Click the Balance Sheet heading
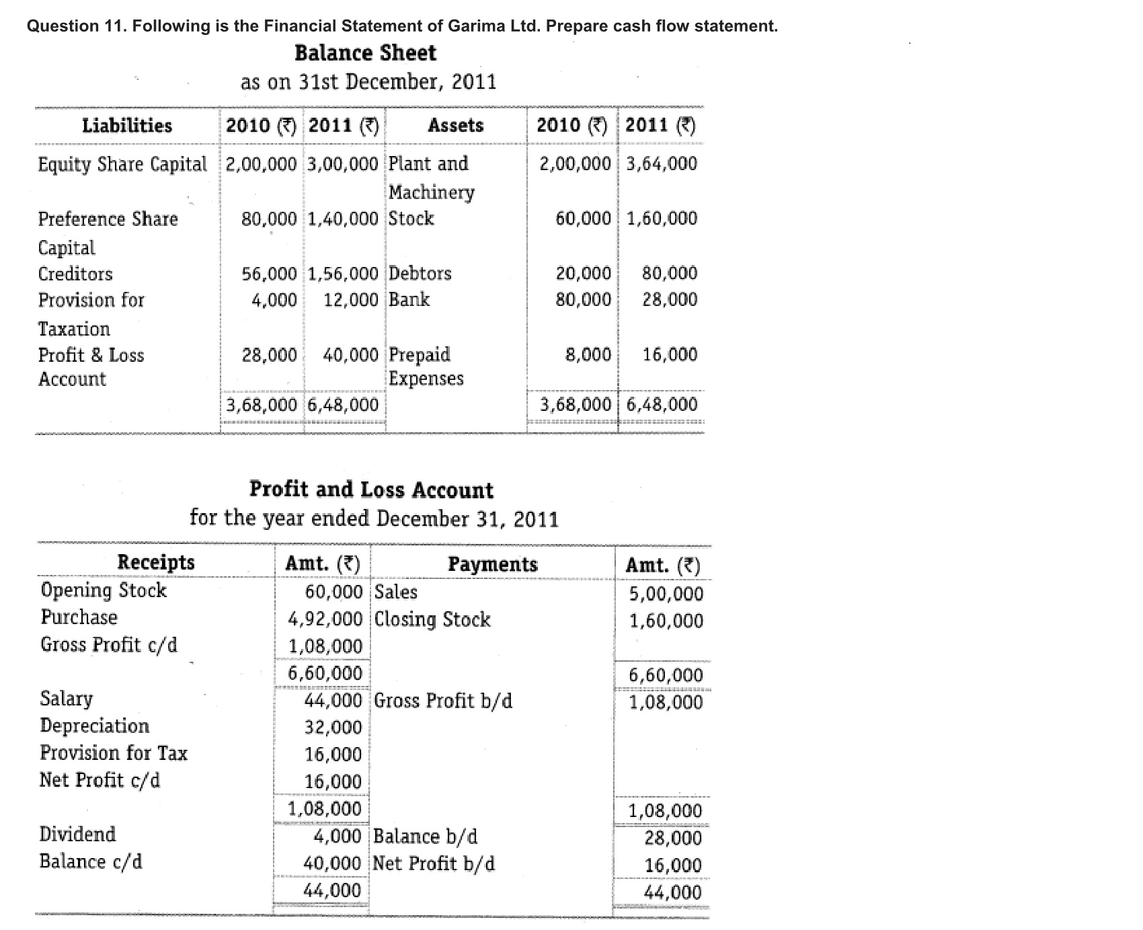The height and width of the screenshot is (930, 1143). click(x=365, y=53)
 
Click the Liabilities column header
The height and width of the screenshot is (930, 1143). click(x=127, y=126)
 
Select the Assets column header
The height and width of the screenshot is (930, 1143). click(x=455, y=126)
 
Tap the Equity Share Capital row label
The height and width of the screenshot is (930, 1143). click(x=122, y=164)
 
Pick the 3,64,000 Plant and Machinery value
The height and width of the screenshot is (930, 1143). click(x=662, y=163)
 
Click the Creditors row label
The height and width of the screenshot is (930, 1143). click(x=75, y=274)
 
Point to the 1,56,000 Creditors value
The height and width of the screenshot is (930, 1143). click(x=343, y=274)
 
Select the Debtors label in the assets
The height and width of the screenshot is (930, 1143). click(x=420, y=273)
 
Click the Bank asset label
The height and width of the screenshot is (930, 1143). click(x=409, y=299)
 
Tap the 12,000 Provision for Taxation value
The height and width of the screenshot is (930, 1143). click(x=351, y=300)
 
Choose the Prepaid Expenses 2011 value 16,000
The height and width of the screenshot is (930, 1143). click(x=670, y=354)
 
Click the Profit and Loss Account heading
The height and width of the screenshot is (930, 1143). click(x=371, y=490)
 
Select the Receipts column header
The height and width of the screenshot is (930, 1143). click(x=156, y=562)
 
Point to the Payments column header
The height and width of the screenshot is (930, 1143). click(x=493, y=564)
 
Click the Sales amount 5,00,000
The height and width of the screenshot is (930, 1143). click(x=666, y=594)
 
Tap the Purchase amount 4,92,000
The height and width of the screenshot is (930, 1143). click(x=325, y=619)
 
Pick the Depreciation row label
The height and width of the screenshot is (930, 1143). click(x=95, y=726)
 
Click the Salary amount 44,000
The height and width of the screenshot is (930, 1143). click(x=333, y=701)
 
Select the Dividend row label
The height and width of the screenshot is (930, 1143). click(x=77, y=834)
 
